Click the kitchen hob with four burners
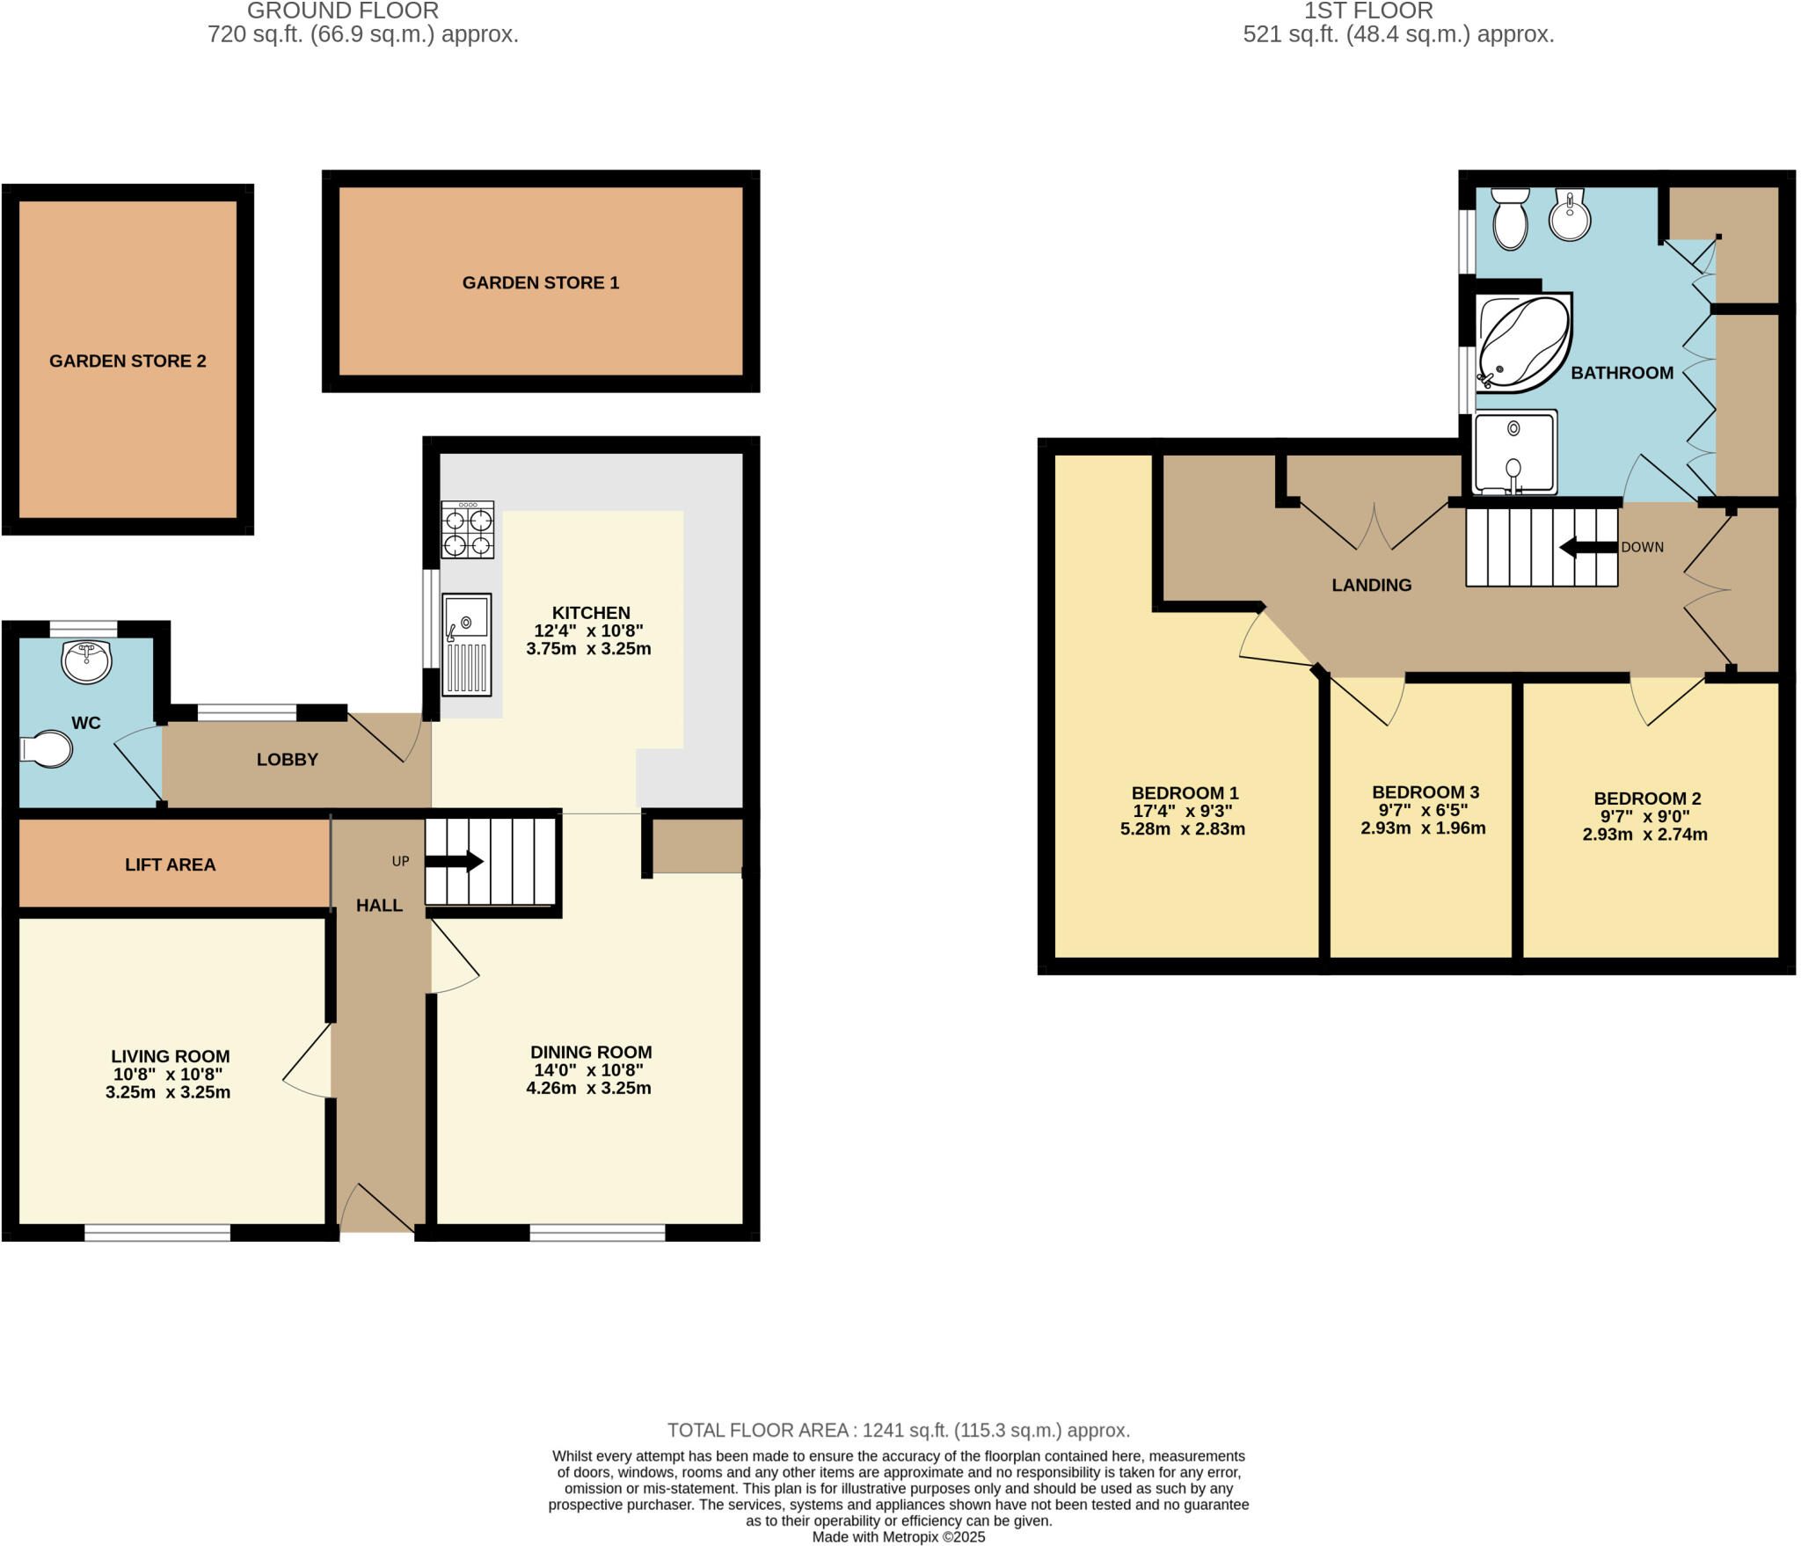point(467,529)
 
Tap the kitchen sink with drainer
point(467,645)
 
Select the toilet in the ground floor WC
point(47,750)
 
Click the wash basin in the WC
point(86,661)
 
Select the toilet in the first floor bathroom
point(1511,220)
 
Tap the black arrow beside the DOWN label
point(1587,547)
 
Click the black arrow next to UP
point(454,861)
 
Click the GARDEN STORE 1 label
point(541,282)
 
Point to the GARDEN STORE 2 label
point(128,361)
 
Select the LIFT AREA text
point(170,864)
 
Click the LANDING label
point(1371,585)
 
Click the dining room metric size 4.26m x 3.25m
point(588,1088)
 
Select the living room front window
point(157,1233)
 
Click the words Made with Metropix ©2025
point(898,1537)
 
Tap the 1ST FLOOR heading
point(1368,11)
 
